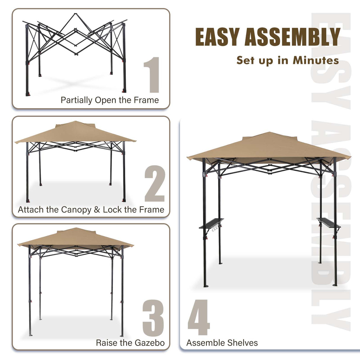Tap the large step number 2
coord(154,184)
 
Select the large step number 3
coord(153,318)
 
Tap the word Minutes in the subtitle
coord(316,60)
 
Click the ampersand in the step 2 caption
coord(97,210)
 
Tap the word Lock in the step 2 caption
coord(112,210)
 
